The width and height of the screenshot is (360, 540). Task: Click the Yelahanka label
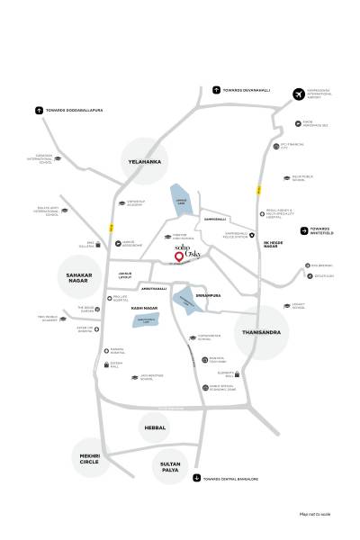click(x=144, y=162)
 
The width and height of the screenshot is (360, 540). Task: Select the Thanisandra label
click(x=262, y=332)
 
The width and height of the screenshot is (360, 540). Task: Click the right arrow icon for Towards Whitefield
click(x=303, y=229)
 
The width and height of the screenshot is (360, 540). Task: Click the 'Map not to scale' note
click(x=316, y=513)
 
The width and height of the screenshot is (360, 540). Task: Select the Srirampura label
click(x=207, y=294)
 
